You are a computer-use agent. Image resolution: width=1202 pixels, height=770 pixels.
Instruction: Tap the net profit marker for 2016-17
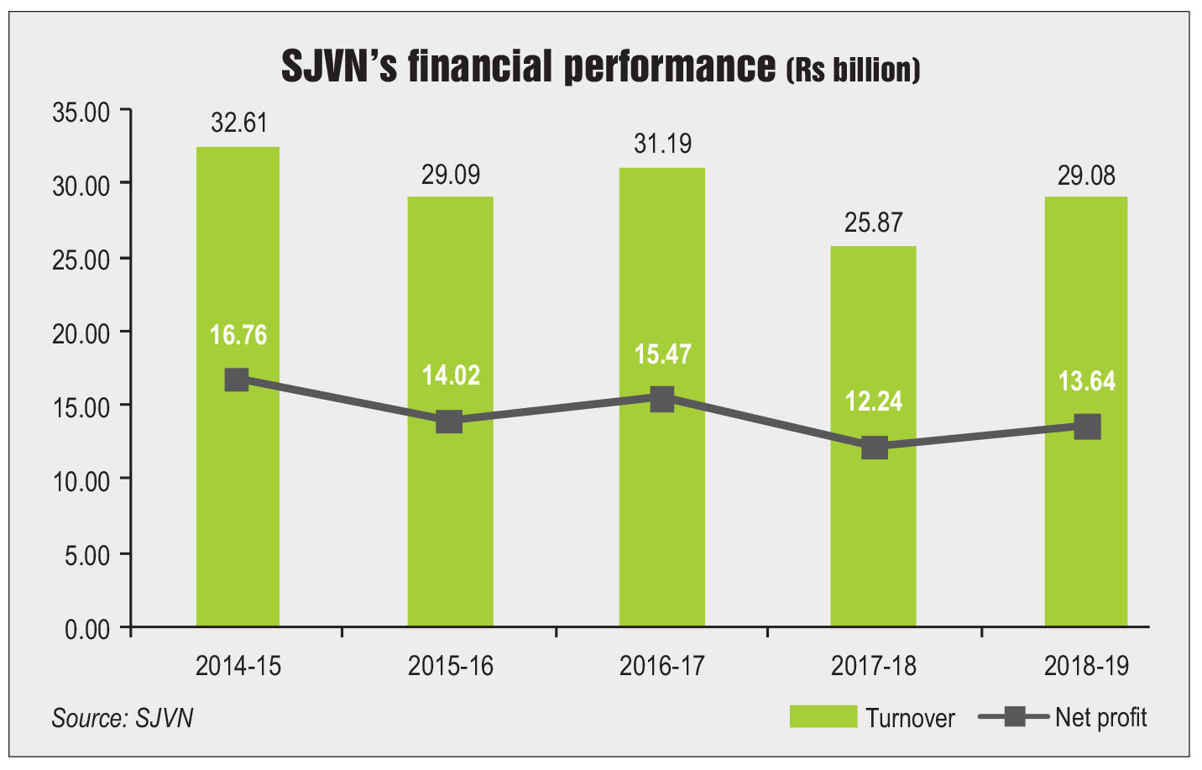pos(662,399)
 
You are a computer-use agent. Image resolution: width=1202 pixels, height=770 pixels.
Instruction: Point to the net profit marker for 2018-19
pos(1087,427)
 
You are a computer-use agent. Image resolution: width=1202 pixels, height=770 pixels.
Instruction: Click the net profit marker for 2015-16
pos(450,421)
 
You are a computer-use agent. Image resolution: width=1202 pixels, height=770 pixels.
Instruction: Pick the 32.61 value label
pos(239,123)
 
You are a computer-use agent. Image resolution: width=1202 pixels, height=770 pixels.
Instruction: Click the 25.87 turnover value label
pos(874,223)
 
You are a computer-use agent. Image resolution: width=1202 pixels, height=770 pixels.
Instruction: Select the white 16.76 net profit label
pos(238,335)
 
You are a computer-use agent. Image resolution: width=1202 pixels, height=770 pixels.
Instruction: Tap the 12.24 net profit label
pos(874,401)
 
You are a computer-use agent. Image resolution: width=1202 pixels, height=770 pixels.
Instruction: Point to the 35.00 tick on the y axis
pos(81,113)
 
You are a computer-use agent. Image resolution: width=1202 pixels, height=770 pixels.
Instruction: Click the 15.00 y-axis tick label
pos(81,408)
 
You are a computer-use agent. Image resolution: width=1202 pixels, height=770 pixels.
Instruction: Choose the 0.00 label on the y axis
pos(87,629)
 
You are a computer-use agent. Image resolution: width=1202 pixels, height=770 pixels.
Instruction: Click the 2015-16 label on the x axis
pos(451,667)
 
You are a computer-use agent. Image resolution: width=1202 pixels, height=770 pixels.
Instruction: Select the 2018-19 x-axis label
pos(1087,667)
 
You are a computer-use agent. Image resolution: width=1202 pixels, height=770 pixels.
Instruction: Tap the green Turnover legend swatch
pos(823,716)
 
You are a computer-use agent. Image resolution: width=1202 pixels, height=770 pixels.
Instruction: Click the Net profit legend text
pos(1100,717)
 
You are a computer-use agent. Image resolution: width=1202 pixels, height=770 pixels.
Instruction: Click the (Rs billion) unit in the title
pos(853,70)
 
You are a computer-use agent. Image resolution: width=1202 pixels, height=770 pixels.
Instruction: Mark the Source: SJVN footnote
pos(123,718)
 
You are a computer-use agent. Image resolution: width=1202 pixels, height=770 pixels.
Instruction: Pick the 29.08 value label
pos(1086,175)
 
